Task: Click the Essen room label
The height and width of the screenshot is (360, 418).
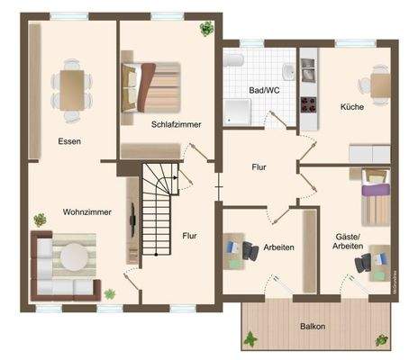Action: tap(69, 140)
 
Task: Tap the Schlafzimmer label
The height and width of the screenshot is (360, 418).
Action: tap(176, 123)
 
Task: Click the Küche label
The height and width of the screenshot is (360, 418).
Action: tap(352, 106)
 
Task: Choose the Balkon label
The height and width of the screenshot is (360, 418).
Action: tap(312, 327)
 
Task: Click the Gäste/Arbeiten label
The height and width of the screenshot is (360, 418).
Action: tap(347, 240)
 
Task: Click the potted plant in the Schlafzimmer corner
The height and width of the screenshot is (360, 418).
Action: tap(206, 28)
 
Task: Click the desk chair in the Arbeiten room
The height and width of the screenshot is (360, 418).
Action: tap(251, 251)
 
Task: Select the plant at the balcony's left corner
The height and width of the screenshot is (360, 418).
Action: tap(250, 338)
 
